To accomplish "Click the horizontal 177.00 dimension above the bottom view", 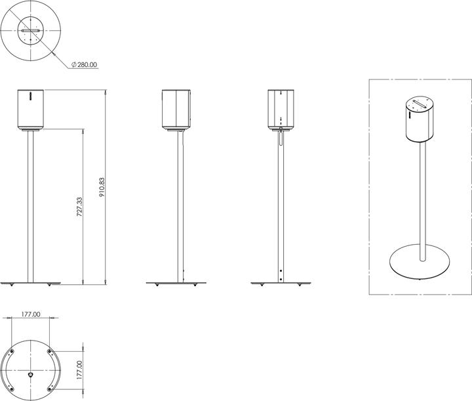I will (31, 314).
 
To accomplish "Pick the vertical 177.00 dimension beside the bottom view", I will (79, 369).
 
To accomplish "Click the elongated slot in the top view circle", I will (31, 31).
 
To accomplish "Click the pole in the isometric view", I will (422, 197).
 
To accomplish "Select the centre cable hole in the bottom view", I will (31, 373).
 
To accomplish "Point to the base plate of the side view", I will (177, 284).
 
